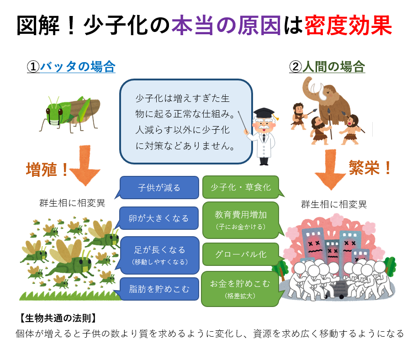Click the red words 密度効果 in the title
(348, 26)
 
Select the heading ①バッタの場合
(71, 67)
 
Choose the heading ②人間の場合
(327, 67)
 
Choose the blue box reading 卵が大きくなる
(159, 218)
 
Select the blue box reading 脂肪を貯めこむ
(159, 289)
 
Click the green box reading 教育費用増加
(240, 219)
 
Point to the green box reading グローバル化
(240, 254)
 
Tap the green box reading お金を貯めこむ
(240, 288)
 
